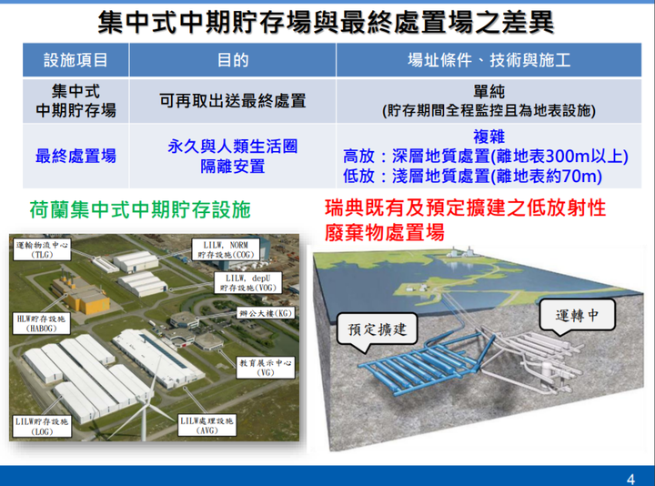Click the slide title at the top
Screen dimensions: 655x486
[x=326, y=22]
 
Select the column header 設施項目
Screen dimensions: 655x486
[x=76, y=60]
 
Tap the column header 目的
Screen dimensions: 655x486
[x=233, y=60]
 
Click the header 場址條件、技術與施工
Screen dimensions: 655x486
[x=489, y=60]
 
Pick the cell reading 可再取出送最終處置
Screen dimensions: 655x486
[x=233, y=101]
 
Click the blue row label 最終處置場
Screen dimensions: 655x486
[x=76, y=156]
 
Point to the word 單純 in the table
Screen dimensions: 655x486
[x=489, y=92]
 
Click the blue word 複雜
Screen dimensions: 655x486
[x=489, y=137]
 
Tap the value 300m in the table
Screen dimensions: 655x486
[x=567, y=156]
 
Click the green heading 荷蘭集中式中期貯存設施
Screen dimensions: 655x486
[x=140, y=209]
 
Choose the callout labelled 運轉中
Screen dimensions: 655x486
[x=577, y=317]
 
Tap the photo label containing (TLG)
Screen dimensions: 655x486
[x=42, y=249]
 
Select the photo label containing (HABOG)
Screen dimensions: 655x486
[x=41, y=323]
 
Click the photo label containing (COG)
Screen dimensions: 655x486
[x=226, y=249]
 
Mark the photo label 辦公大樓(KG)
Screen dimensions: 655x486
[x=266, y=313]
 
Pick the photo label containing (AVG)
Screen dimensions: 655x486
[x=207, y=425]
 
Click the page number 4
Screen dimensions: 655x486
[x=630, y=479]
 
